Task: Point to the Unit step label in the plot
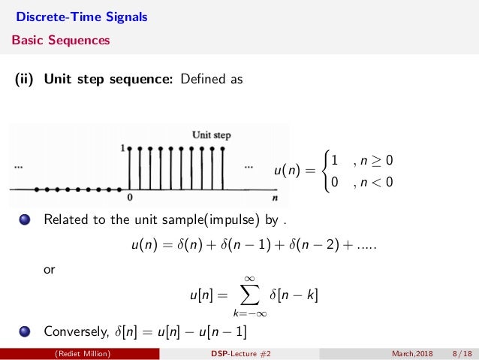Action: [x=211, y=135]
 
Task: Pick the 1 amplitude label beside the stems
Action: [x=122, y=149]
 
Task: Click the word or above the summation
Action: [x=50, y=268]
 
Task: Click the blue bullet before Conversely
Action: [x=25, y=331]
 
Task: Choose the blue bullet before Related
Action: [x=25, y=221]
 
